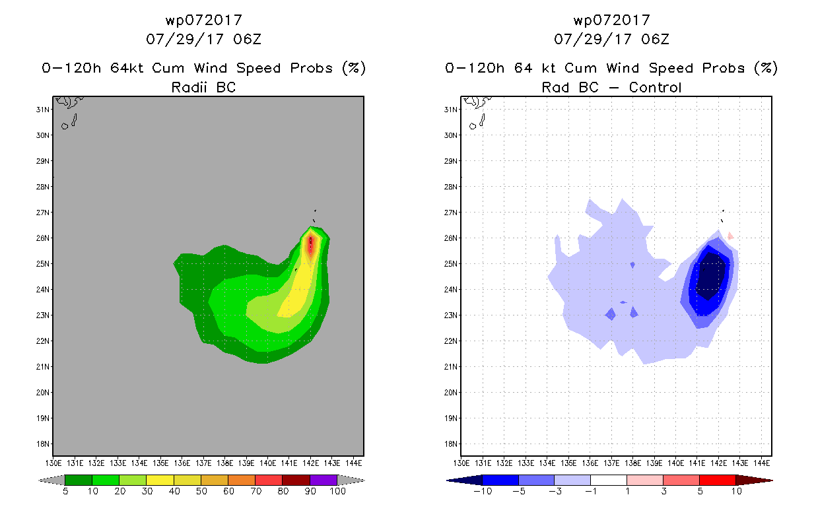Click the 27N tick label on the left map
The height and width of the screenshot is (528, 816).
point(42,213)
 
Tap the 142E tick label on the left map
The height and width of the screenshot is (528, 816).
point(310,463)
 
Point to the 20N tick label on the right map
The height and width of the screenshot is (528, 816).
point(450,393)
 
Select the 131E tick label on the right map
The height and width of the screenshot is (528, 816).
point(483,463)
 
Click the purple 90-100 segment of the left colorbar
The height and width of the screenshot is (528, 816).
point(323,480)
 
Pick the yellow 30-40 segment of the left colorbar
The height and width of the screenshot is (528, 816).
point(160,480)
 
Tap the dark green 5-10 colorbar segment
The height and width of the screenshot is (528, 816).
point(79,480)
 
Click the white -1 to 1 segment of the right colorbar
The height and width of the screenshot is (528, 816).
point(609,480)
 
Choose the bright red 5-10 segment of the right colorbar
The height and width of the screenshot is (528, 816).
point(718,480)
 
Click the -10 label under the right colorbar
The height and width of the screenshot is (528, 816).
point(483,491)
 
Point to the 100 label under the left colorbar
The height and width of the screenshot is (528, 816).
point(337,491)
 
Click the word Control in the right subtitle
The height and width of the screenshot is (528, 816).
point(655,87)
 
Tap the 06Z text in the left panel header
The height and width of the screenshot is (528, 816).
point(247,39)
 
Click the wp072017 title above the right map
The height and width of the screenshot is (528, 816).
point(611,20)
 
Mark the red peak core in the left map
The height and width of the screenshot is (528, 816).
point(310,246)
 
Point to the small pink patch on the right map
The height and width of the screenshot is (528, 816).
point(730,236)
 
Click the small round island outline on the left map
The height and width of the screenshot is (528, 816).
point(65,126)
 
